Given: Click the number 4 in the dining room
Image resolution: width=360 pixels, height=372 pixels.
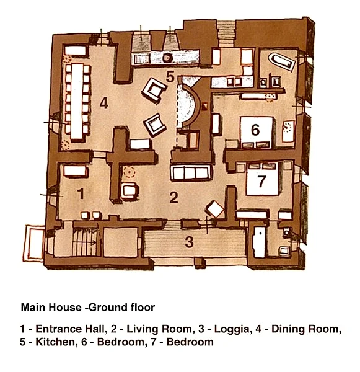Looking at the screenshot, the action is pyautogui.click(x=104, y=104).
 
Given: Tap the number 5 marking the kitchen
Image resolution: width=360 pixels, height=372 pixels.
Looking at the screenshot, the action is pyautogui.click(x=170, y=76).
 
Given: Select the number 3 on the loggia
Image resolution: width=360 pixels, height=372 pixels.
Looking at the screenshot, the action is pyautogui.click(x=189, y=242).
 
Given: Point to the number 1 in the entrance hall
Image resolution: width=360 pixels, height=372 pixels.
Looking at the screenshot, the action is pyautogui.click(x=81, y=193).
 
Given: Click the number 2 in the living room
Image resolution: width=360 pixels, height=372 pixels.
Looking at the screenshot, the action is pyautogui.click(x=173, y=197).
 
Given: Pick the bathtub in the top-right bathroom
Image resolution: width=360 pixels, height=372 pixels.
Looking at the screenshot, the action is pyautogui.click(x=282, y=61).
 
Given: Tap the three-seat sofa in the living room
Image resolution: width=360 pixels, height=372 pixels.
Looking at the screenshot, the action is pyautogui.click(x=190, y=173).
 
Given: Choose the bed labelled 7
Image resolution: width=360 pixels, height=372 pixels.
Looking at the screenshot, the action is pyautogui.click(x=263, y=179).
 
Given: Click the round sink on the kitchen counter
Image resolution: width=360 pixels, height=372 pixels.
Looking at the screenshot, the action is pyautogui.click(x=167, y=58).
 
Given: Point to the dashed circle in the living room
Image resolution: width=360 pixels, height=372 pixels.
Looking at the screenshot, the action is pyautogui.click(x=130, y=172).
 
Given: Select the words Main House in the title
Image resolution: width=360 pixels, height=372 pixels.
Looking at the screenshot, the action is pyautogui.click(x=51, y=308).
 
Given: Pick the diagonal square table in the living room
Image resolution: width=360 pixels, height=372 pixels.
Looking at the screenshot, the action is pyautogui.click(x=215, y=210).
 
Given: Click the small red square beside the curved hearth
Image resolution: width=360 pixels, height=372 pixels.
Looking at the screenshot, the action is pyautogui.click(x=204, y=106).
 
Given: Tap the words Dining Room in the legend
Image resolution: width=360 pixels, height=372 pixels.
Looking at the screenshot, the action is pyautogui.click(x=307, y=329).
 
